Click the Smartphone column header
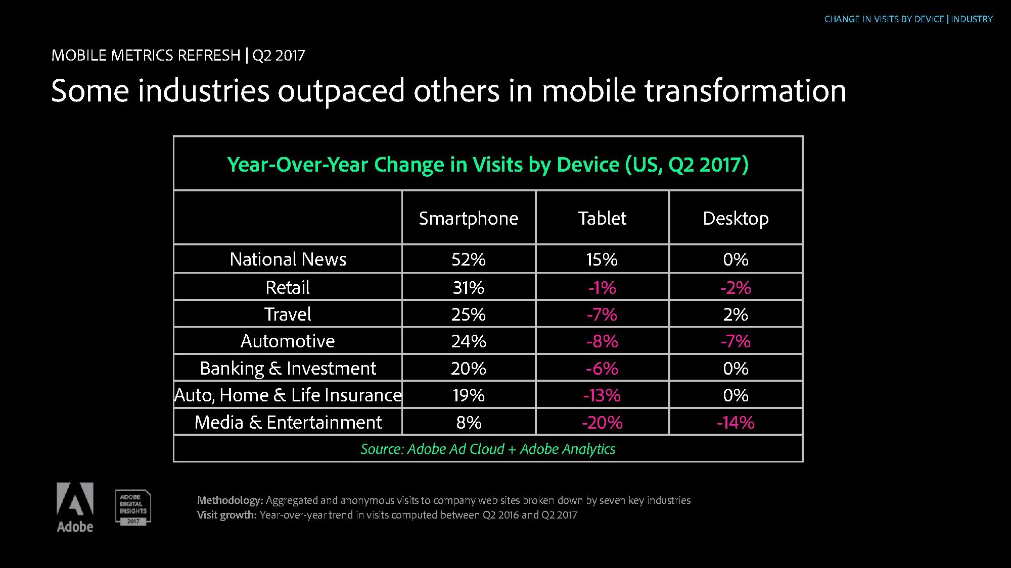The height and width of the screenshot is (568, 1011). click(469, 218)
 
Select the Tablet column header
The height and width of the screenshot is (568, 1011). click(602, 218)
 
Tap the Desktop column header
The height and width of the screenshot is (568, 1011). click(736, 218)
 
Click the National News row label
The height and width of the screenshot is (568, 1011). click(288, 259)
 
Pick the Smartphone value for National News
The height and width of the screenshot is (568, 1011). click(469, 259)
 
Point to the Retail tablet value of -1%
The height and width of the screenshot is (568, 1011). click(602, 287)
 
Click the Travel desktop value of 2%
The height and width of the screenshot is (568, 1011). click(736, 314)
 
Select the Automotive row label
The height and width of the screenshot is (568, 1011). click(288, 341)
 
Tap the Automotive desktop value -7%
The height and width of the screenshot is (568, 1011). click(736, 341)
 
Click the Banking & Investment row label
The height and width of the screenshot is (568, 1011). click(288, 368)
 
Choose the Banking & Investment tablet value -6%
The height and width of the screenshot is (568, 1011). click(602, 368)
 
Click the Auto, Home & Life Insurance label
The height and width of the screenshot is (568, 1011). click(288, 395)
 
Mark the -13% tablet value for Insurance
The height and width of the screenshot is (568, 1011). click(602, 395)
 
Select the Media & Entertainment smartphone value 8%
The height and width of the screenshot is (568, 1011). click(469, 422)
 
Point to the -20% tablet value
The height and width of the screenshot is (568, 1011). click(602, 422)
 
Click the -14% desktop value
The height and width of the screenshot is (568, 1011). click(736, 422)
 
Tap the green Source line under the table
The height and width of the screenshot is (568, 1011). click(488, 449)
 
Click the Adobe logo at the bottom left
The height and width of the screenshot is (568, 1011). click(75, 507)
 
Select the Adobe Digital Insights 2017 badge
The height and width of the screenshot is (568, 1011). click(133, 507)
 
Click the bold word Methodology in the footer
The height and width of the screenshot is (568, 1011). click(230, 500)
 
